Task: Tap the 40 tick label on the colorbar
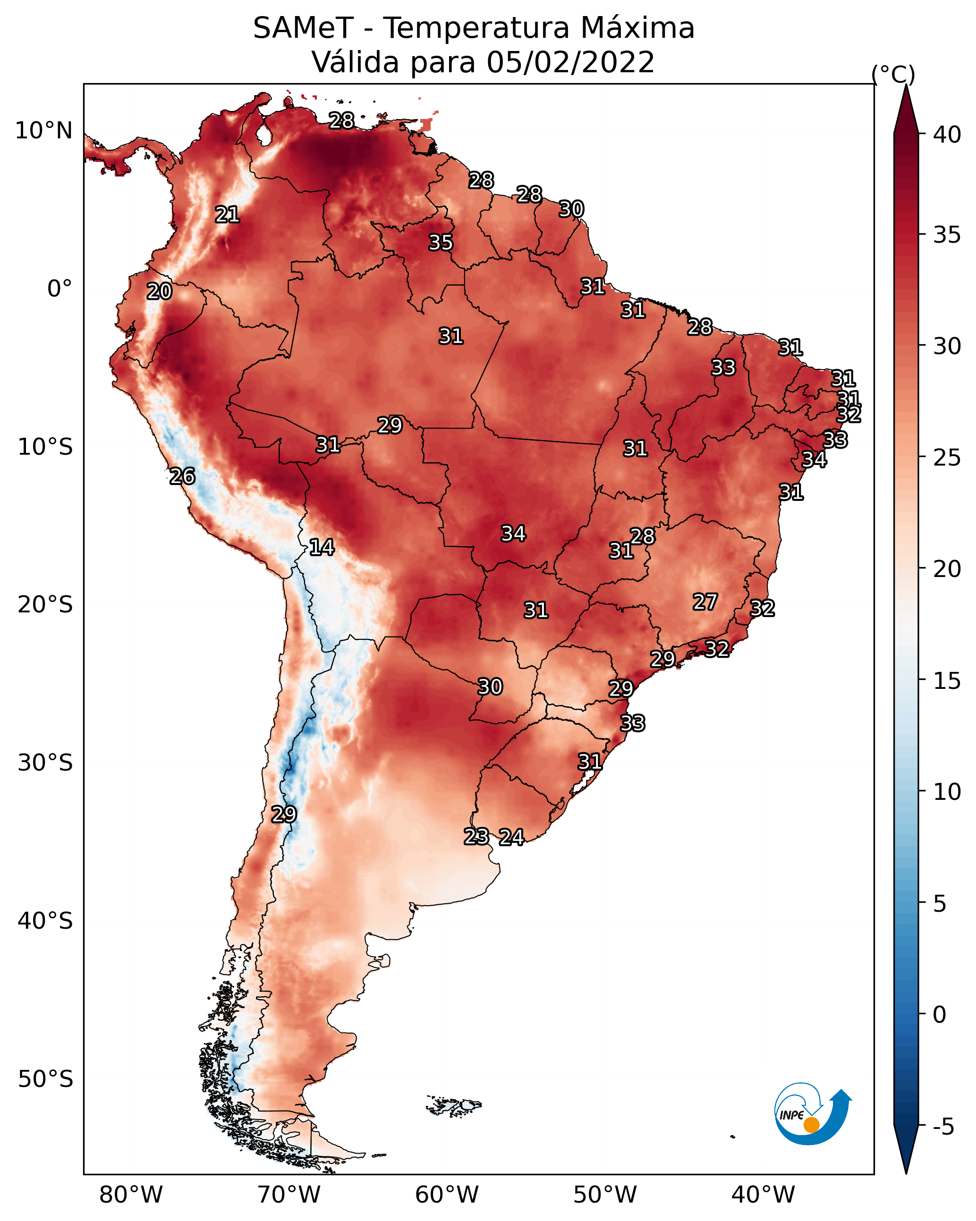point(947,135)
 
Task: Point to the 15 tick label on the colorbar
point(947,680)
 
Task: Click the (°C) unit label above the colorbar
point(893,74)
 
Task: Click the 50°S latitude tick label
point(45,1079)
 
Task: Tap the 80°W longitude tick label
point(131,1195)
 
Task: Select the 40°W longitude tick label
point(763,1195)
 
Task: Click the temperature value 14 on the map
point(322,547)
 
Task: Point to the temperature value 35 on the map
point(441,242)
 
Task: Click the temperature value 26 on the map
point(182,476)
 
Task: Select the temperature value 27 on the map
point(705,602)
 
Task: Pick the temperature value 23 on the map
point(476,837)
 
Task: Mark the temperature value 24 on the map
point(511,837)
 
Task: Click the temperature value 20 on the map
point(159,292)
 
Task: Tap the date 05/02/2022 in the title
point(570,62)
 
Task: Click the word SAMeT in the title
point(304,28)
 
